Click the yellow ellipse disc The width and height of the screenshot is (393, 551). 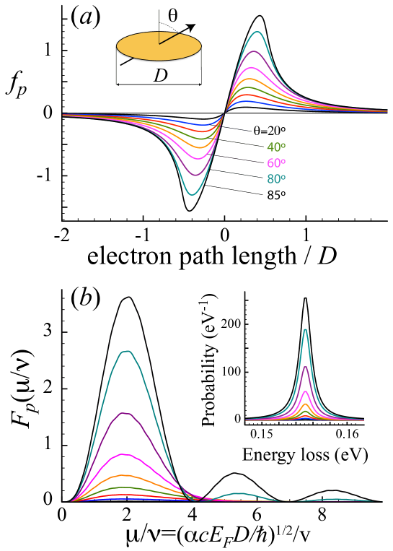[x=159, y=47]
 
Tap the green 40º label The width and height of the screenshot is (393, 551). [x=275, y=147]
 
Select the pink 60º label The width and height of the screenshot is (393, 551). [x=275, y=163]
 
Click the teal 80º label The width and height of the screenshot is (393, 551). [x=275, y=179]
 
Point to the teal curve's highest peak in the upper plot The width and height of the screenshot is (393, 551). [x=257, y=32]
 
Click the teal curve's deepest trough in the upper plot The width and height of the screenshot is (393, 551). [x=192, y=194]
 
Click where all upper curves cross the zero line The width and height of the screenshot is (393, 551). [x=225, y=113]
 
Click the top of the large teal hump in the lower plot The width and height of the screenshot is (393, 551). [x=127, y=352]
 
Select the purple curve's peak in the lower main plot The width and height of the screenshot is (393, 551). [x=125, y=413]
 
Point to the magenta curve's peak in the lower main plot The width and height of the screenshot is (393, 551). [x=125, y=454]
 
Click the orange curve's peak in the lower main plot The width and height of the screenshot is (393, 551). [x=125, y=475]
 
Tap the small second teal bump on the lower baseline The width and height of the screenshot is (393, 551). [x=238, y=494]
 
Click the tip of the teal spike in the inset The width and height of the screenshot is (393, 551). [x=305, y=330]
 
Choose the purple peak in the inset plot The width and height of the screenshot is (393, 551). [x=305, y=368]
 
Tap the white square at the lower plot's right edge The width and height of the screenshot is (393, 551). [x=387, y=497]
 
